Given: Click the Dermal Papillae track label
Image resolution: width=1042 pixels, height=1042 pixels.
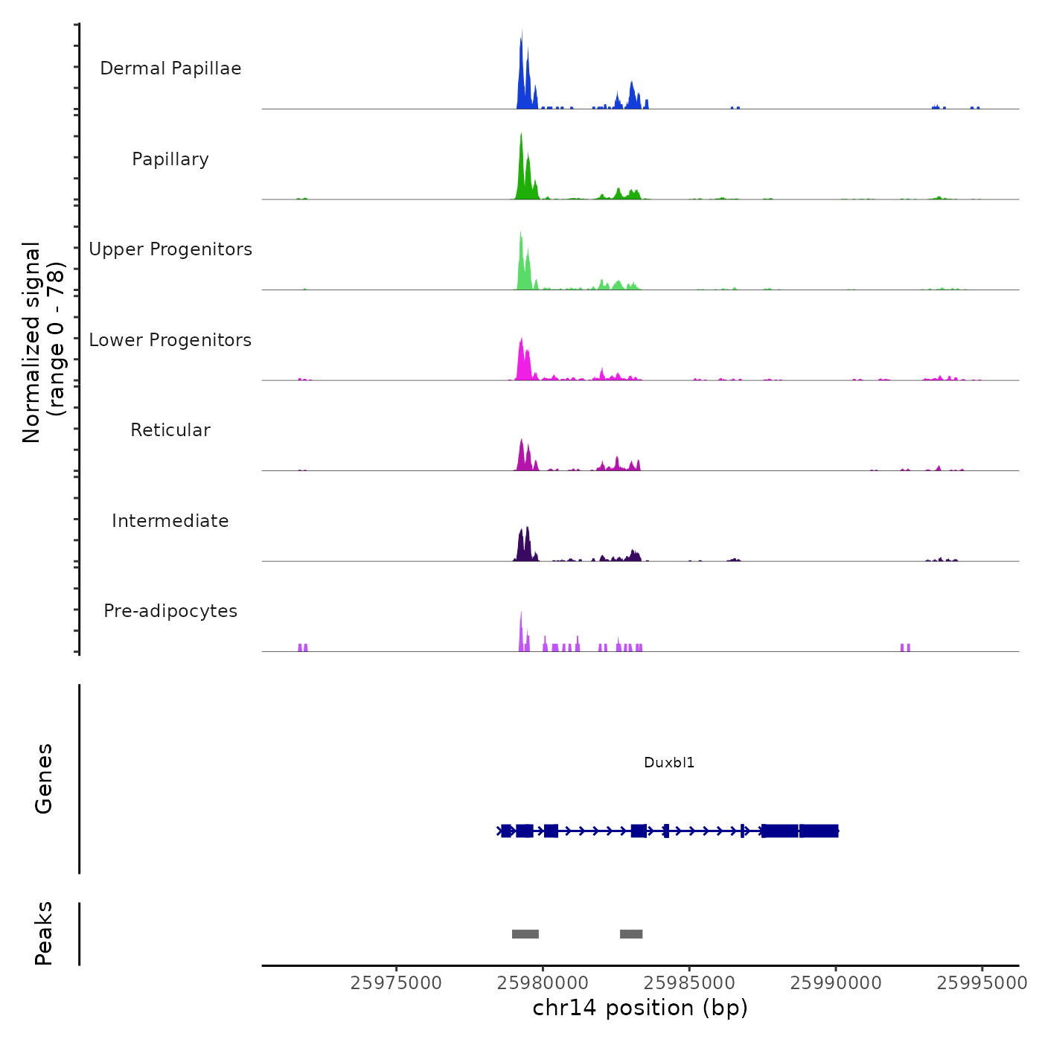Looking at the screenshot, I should point(170,68).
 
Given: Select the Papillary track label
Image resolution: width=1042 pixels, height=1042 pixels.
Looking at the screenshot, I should point(170,159).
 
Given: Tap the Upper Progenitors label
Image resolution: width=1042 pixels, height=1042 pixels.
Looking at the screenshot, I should point(170,249).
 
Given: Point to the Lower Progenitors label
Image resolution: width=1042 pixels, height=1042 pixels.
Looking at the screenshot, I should point(170,340).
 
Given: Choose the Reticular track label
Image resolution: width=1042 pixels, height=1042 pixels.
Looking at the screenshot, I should point(170,430).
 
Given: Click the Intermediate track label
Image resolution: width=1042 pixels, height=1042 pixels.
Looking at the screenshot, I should point(170,521).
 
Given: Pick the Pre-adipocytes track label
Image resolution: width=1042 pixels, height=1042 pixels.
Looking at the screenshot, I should point(170,611).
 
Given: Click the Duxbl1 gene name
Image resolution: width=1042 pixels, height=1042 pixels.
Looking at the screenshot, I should point(669,762).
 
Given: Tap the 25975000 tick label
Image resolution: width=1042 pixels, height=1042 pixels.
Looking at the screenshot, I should point(396,983).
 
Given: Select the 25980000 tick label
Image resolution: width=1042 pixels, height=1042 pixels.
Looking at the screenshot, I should point(543,983).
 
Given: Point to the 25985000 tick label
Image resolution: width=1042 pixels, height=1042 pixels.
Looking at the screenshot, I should point(689,983).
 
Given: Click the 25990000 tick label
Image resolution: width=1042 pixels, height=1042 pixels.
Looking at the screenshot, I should point(836,983).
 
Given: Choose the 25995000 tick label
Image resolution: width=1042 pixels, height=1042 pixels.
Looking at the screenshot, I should point(982,983).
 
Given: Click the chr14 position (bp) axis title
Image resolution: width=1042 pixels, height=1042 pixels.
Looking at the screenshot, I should point(640,1008).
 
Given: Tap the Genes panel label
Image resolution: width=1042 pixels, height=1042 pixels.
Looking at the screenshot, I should point(44,779).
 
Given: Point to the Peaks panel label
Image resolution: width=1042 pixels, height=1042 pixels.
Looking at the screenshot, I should point(44,933).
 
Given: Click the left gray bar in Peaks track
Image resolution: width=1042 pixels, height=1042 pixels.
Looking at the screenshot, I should point(525,934).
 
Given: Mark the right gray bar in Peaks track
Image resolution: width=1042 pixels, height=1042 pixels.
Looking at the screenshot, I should point(631,934).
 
